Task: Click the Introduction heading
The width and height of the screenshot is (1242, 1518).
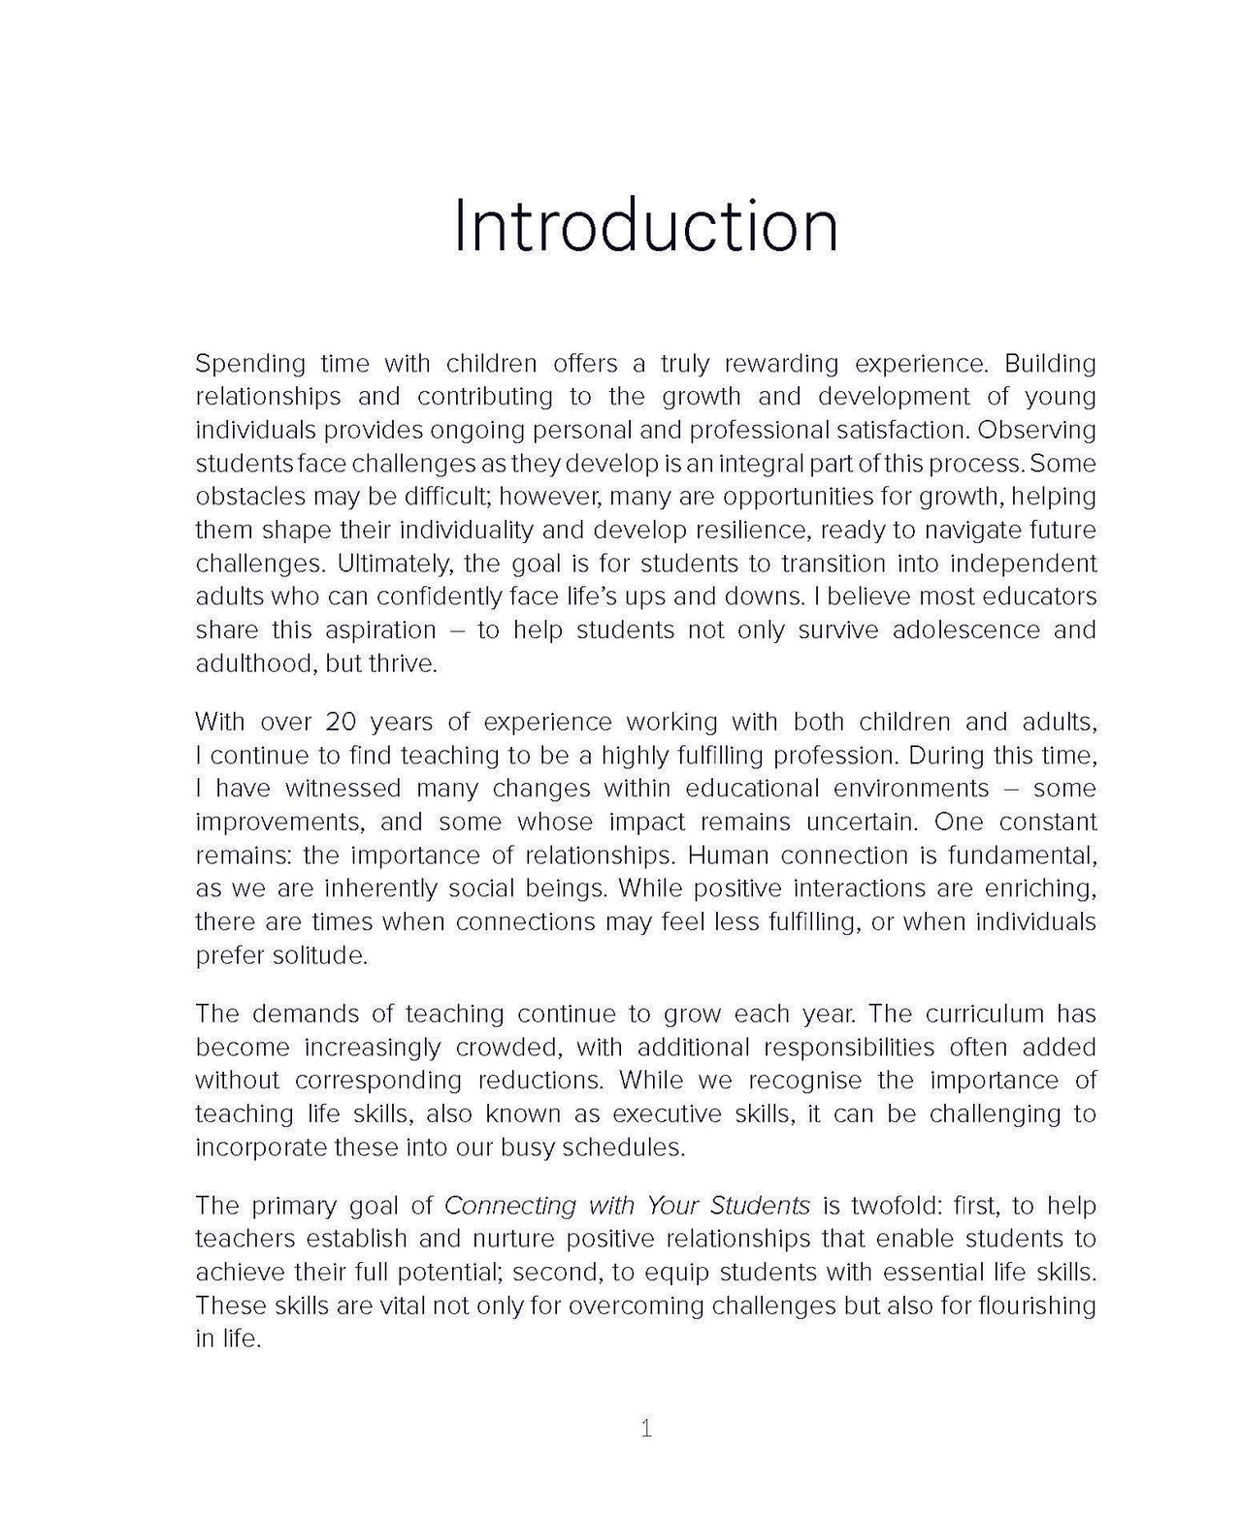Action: tap(645, 226)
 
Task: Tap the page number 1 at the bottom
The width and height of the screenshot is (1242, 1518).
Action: tap(646, 1428)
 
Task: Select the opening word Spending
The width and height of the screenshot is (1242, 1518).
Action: tap(250, 365)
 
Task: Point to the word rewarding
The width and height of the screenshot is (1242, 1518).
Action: tap(768, 365)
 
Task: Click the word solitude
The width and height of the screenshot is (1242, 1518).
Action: tap(319, 955)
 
